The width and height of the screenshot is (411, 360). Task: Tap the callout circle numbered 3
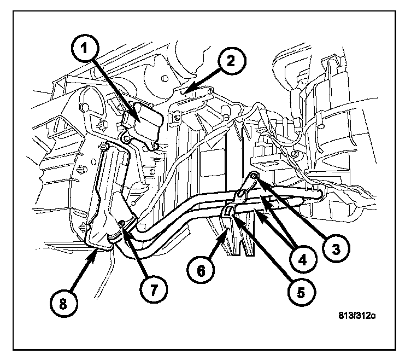[334, 249]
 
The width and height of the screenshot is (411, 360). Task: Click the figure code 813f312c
[362, 316]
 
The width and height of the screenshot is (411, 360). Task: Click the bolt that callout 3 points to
[255, 176]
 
